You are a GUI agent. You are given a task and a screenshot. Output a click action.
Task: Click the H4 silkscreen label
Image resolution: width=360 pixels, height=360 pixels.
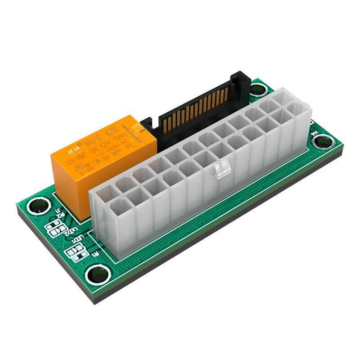coord(315,131)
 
